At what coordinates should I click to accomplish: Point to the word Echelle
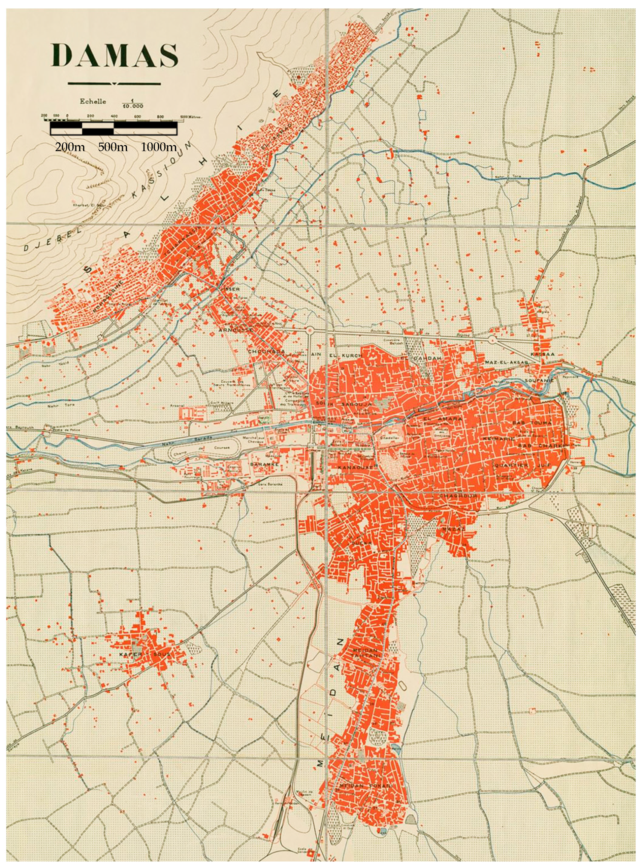[93, 102]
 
